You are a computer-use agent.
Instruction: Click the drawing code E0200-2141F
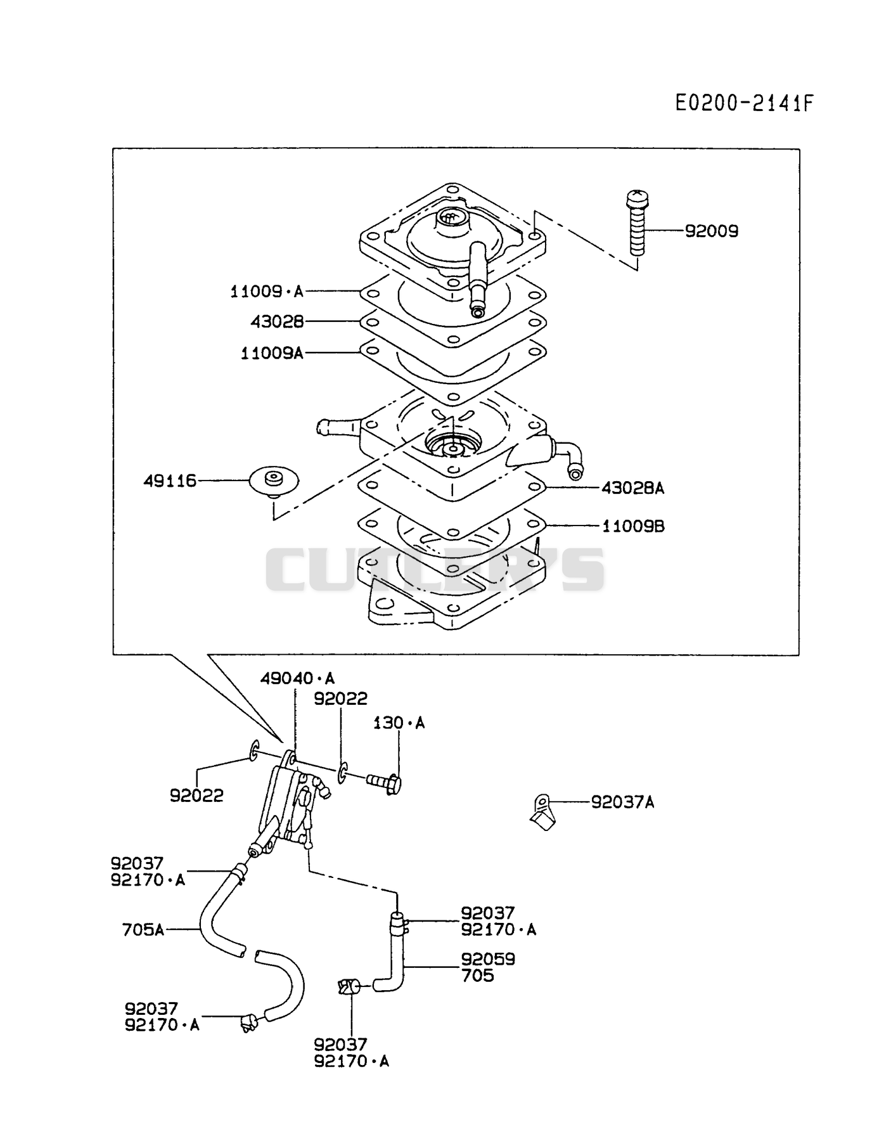point(743,103)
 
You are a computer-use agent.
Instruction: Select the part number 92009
point(712,231)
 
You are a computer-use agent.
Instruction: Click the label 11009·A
point(267,292)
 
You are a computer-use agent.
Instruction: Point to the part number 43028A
point(632,487)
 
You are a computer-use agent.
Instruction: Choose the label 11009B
point(633,525)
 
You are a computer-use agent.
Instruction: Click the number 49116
point(170,481)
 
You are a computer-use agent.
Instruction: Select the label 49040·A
point(297,679)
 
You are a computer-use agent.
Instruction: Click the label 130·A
point(399,723)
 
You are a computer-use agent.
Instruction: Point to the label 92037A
point(622,803)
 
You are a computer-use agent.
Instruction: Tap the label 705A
point(143,930)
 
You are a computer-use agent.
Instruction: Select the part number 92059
point(488,959)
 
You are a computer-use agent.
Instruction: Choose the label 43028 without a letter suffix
point(277,322)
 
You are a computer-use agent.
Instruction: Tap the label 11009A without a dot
point(272,353)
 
